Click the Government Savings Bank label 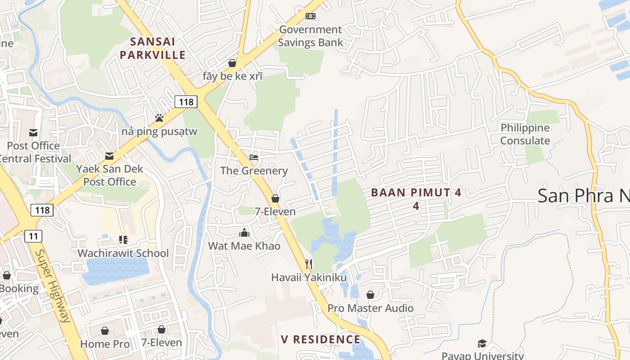tap(310, 36)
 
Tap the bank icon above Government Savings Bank tap(310, 16)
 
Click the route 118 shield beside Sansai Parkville tap(186, 102)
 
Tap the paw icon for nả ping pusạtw tap(159, 118)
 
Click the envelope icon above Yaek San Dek tap(109, 156)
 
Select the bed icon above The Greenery tap(254, 157)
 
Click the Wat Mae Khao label tap(244, 246)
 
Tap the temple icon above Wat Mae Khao tap(244, 233)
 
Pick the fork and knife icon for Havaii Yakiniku tap(309, 264)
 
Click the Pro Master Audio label tap(370, 308)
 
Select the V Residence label tap(321, 339)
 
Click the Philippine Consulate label tap(525, 134)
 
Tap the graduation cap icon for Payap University tap(482, 343)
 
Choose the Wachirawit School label tap(123, 253)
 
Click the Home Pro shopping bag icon tap(105, 331)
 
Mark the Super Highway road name tap(53, 286)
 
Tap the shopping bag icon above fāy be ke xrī tap(232, 63)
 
